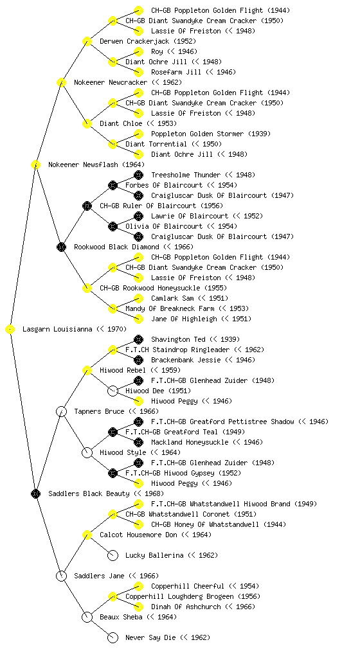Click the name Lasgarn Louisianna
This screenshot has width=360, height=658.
click(57, 330)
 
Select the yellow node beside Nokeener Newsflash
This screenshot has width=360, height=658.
click(35, 164)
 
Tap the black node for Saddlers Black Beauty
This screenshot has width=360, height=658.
click(35, 493)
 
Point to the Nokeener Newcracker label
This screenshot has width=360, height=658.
click(111, 82)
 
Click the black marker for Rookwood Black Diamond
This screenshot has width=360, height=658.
click(61, 247)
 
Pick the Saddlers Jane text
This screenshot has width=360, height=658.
click(99, 576)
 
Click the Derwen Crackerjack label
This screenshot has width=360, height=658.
click(134, 41)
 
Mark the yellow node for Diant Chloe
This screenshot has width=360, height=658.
click(87, 123)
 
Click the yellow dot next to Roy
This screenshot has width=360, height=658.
click(138, 51)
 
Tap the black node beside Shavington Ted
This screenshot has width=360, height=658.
click(138, 339)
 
